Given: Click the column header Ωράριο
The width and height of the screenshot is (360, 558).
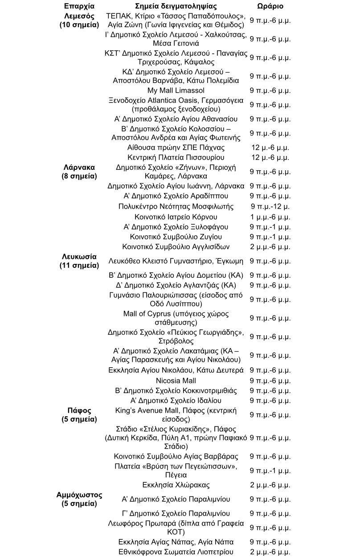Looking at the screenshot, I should [x=270, y=6].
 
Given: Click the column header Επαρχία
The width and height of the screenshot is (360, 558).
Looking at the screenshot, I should [x=79, y=6].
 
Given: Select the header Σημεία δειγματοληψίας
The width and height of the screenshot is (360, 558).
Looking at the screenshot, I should [x=176, y=6].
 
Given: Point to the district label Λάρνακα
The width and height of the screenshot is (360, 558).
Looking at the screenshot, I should [x=79, y=168].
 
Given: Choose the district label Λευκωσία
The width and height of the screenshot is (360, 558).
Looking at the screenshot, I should [x=79, y=257].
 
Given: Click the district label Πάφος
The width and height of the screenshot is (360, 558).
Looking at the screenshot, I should [x=79, y=410].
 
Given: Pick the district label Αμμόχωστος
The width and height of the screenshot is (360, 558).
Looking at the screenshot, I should [x=79, y=495].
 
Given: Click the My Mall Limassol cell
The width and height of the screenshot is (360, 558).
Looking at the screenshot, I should [x=176, y=90].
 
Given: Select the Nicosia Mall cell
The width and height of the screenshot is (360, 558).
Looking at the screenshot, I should [x=176, y=381].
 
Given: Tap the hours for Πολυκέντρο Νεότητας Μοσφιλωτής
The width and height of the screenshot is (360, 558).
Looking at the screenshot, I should [x=270, y=206].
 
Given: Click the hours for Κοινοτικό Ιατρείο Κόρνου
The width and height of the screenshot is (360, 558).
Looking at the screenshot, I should [x=270, y=217].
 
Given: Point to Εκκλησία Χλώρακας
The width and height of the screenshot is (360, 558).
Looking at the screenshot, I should [x=176, y=485].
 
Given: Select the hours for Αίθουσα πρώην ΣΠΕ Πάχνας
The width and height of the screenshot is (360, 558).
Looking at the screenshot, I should [x=270, y=148].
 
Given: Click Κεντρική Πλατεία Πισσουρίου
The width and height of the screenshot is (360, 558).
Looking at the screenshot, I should [x=176, y=158].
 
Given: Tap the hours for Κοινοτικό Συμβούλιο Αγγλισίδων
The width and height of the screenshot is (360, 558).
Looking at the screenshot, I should [x=270, y=247].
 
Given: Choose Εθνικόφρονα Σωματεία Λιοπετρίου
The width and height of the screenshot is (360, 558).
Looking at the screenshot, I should [x=176, y=552].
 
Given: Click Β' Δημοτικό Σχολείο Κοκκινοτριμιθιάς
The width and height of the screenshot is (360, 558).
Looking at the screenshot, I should [x=176, y=391].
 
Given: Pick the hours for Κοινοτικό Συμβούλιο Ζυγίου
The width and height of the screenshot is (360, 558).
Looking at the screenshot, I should [x=270, y=237].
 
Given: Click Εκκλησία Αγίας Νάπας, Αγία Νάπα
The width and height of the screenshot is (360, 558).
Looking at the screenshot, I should [x=176, y=542].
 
